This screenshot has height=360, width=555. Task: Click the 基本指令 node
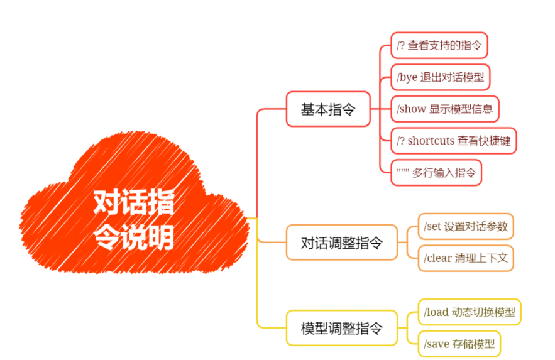click(x=328, y=109)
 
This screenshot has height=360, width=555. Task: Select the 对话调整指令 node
click(x=341, y=243)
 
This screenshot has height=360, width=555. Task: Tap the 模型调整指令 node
click(x=341, y=328)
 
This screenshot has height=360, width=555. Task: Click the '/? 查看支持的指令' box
click(x=439, y=46)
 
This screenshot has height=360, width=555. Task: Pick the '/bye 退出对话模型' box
click(x=440, y=77)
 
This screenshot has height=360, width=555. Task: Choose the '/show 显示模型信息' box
click(x=444, y=109)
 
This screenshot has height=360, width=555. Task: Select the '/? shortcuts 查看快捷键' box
click(x=453, y=141)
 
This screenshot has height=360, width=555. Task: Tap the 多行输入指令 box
click(x=436, y=172)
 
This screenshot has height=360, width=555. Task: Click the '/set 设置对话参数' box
click(x=466, y=226)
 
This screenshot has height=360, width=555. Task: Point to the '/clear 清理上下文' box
click(x=466, y=258)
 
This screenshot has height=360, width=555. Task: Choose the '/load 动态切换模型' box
click(x=470, y=312)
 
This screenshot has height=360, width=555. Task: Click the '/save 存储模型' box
click(x=459, y=344)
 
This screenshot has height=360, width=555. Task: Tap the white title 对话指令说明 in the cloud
click(x=133, y=220)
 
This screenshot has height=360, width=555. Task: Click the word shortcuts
click(x=431, y=141)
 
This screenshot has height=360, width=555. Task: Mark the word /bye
click(x=407, y=77)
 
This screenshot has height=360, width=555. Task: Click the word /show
click(x=412, y=109)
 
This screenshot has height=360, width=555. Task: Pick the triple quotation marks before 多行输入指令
click(x=403, y=171)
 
